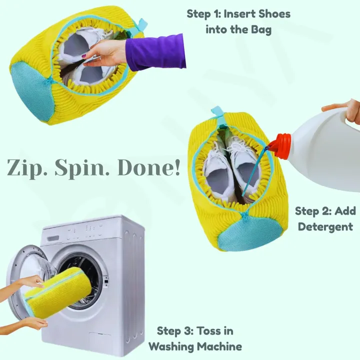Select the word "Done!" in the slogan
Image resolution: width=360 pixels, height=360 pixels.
pos(148,168)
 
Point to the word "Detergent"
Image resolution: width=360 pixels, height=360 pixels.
pos(325,227)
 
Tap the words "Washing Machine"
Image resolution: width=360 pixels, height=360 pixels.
pos(195,346)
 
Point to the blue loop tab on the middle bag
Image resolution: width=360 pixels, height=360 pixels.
pos(216,113)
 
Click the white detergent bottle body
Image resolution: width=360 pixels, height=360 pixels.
pos(325,150)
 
